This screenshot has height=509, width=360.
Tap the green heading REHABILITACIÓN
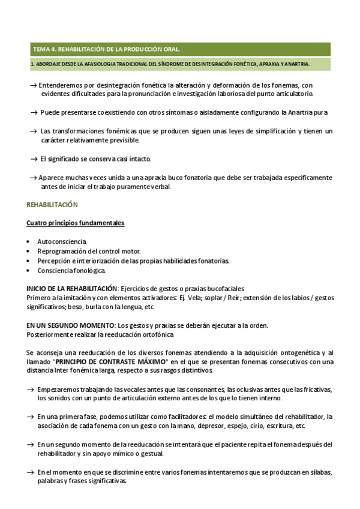coord(52,205)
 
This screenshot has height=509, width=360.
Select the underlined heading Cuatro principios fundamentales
coord(76,223)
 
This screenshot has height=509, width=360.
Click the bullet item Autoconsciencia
coord(62,241)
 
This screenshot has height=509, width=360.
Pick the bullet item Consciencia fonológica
coord(65,271)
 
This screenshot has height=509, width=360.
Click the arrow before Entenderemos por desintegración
coord(34,86)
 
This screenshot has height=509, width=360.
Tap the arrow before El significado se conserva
coord(34,159)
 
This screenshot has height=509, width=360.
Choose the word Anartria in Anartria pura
coord(304,113)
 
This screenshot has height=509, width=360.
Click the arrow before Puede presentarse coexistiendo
coord(34,113)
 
